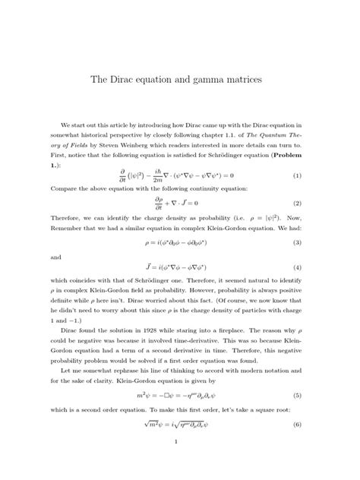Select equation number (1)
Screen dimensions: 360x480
click(297, 175)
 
